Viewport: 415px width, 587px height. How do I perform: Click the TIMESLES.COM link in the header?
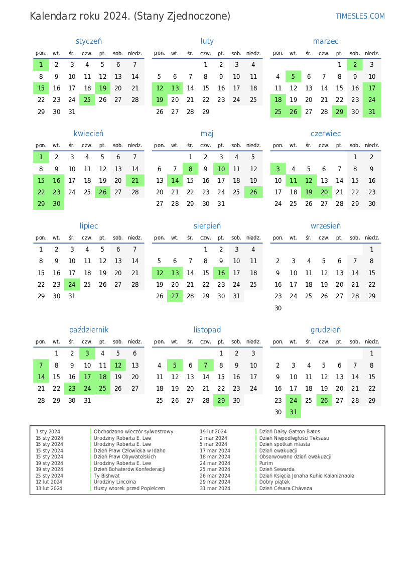360,16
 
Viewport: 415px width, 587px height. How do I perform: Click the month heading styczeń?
89,41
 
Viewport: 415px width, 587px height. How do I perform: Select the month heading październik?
89,330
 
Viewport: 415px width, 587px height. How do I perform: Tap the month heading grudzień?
326,330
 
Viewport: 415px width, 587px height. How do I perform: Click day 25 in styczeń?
87,99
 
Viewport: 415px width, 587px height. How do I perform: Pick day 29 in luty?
205,111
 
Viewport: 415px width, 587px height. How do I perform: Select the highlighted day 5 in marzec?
294,76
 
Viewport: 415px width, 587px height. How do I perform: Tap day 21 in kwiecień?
135,181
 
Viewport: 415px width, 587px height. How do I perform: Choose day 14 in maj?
175,181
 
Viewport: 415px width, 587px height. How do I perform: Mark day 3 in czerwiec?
278,169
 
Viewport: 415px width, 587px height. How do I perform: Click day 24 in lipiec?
72,284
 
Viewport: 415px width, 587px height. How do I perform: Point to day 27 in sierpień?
175,296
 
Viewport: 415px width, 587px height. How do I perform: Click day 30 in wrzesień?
278,308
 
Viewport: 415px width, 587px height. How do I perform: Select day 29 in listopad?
221,400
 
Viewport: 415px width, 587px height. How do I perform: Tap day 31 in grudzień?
294,412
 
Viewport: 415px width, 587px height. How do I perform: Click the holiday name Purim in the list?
266,463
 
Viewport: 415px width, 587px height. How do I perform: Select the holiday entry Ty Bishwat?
107,476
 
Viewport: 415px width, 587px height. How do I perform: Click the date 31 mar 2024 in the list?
215,488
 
